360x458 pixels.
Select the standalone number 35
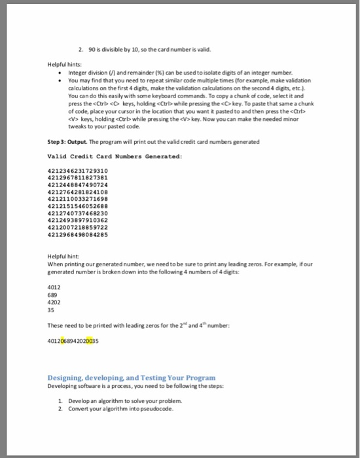tap(53, 311)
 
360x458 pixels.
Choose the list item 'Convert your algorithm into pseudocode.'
tap(117, 408)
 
